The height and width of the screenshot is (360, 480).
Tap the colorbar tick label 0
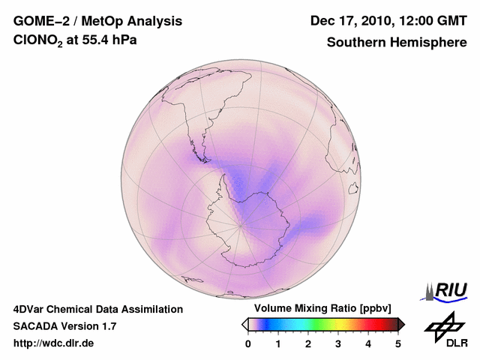click(248, 343)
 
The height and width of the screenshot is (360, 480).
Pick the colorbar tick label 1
click(278, 343)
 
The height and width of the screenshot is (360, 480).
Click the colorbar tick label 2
click(308, 343)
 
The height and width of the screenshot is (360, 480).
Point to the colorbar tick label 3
click(338, 343)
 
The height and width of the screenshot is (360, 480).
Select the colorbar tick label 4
click(368, 343)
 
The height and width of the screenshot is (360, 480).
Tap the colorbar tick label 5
click(398, 343)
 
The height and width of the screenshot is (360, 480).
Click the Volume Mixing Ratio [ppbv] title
click(320, 308)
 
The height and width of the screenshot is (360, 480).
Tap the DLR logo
click(444, 330)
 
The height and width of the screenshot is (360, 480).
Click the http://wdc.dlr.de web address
click(54, 343)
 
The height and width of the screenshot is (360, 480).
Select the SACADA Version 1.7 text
click(64, 326)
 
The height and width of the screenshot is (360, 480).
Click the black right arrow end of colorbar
click(401, 324)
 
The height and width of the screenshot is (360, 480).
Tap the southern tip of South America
click(203, 159)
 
